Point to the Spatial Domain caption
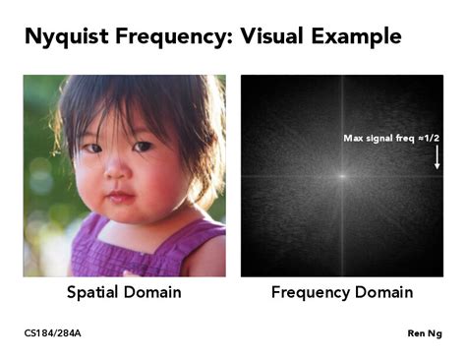[124, 292]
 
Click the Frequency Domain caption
[341, 292]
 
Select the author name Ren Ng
[424, 333]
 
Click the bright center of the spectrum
[341, 176]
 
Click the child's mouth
[120, 196]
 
